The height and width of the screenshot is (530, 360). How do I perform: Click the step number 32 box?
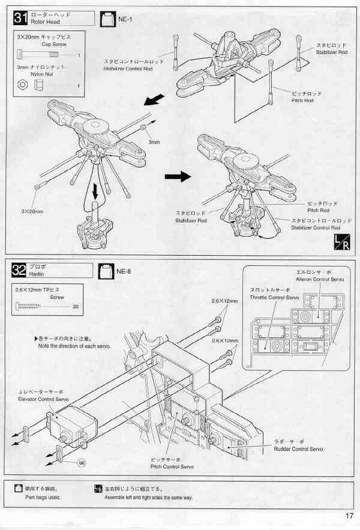pos(20,271)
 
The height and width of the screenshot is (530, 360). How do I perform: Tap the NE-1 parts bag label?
pos(117,19)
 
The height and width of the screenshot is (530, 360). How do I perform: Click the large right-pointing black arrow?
pos(177,176)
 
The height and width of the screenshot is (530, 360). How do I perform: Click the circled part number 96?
pos(82,463)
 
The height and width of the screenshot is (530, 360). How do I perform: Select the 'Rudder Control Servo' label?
pos(298,448)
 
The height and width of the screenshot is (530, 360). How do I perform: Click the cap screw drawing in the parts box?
pos(37,56)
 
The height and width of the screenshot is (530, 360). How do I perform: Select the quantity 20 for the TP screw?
pos(75,307)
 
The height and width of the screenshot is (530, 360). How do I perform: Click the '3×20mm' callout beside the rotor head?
pos(32,211)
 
